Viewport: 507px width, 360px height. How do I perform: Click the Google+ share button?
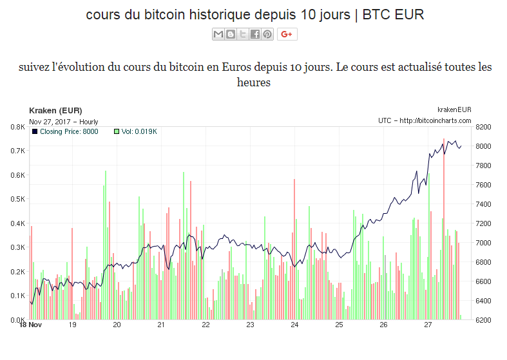287,34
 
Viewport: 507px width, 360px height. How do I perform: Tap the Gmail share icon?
218,34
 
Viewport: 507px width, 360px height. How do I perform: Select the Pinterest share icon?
267,34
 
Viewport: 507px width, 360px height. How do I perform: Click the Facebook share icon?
255,34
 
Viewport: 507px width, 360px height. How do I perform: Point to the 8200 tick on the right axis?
483,127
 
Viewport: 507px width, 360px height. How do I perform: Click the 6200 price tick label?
483,320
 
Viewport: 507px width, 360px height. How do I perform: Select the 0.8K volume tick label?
17,127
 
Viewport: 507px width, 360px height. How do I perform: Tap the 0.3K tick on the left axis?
17,247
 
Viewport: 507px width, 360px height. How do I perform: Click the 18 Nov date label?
30,325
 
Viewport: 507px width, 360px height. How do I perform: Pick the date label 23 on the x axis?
250,325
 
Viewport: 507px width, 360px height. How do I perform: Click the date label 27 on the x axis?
428,325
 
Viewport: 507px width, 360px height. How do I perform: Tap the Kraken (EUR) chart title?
55,111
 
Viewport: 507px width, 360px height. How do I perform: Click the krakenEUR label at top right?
454,110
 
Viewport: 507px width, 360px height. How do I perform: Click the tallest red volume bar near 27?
444,225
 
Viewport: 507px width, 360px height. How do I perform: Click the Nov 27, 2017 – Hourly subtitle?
64,121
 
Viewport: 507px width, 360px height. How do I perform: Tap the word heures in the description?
253,82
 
